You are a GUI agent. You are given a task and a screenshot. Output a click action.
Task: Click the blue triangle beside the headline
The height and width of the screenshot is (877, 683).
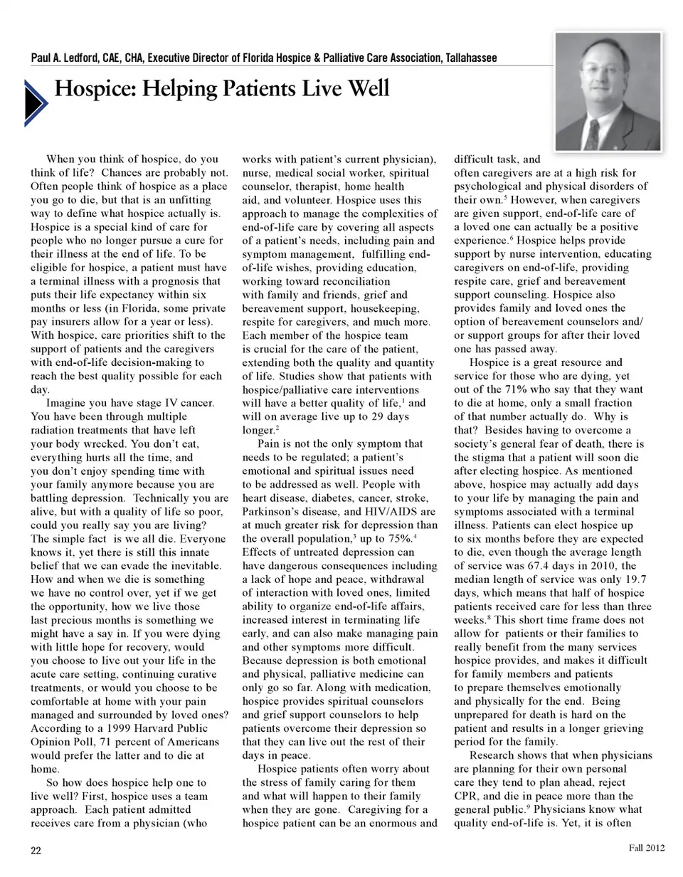click(36, 103)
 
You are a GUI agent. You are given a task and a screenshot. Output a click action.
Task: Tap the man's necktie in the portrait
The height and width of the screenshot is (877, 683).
click(592, 135)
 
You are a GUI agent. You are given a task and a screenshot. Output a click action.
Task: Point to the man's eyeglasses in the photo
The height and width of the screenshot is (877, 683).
click(603, 71)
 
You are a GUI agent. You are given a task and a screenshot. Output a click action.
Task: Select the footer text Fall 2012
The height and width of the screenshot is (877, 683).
click(646, 847)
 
